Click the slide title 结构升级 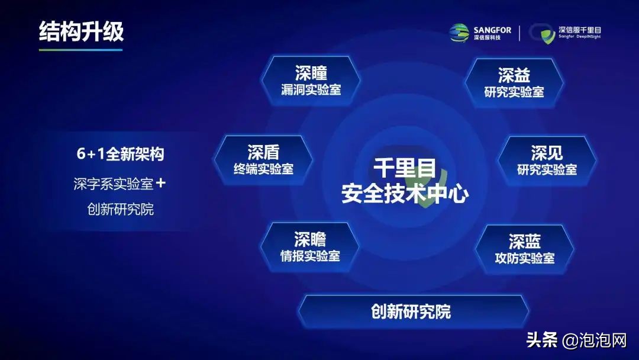[x=81, y=31]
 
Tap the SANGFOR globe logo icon [x=459, y=33]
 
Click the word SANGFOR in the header [x=492, y=30]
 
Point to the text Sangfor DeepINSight [x=579, y=37]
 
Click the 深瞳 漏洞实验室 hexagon [x=311, y=81]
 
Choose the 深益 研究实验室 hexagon [x=514, y=83]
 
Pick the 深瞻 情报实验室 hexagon [x=310, y=247]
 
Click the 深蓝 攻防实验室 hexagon [x=524, y=249]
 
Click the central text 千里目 [x=405, y=168]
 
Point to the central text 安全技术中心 [x=405, y=194]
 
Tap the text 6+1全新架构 [x=120, y=154]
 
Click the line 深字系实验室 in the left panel [x=113, y=184]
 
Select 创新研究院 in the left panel [x=120, y=209]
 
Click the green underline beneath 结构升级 [x=80, y=50]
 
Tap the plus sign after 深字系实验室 [x=160, y=184]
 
